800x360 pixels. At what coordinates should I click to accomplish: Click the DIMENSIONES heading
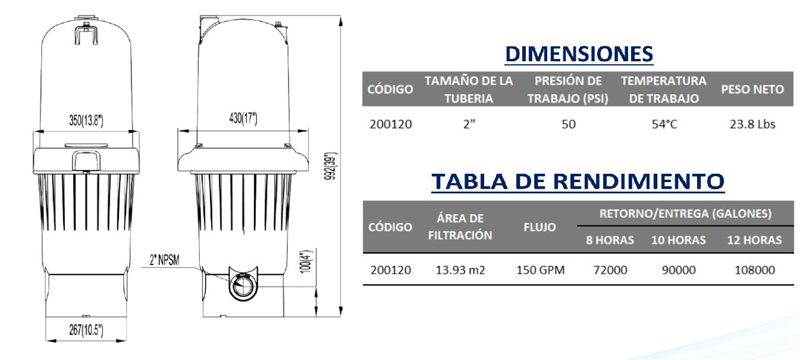coord(578,54)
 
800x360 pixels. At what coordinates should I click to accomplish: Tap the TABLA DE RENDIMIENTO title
coord(578,181)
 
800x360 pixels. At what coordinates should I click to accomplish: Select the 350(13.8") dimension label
coord(86,121)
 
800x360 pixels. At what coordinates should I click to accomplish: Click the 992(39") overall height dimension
coord(333,167)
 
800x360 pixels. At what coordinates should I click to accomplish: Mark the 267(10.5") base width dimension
coord(86,330)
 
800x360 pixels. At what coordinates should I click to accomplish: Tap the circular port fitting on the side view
coord(243,287)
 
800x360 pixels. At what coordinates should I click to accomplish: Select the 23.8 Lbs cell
coord(752,124)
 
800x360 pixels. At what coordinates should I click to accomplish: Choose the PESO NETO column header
coord(752,89)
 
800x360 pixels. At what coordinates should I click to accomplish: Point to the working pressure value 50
coord(568,124)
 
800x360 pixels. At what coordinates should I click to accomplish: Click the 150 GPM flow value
coord(540,270)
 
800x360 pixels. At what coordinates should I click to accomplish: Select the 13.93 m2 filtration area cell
coord(460,270)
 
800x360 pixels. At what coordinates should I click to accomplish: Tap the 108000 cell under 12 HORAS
coord(755,270)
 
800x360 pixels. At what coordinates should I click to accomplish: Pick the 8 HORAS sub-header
coord(610,240)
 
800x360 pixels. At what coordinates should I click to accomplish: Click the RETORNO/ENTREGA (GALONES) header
coord(685,214)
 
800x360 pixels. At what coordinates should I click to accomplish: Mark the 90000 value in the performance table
coord(679,270)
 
